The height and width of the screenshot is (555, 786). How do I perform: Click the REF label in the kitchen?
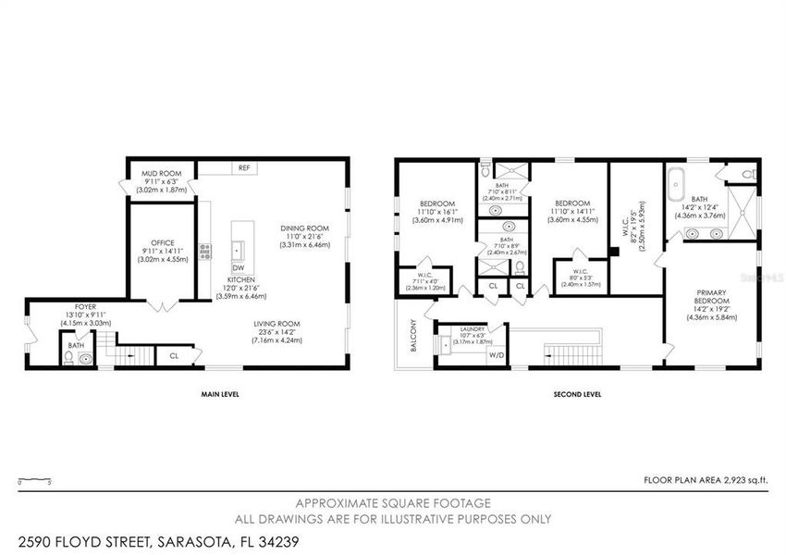(x=244, y=168)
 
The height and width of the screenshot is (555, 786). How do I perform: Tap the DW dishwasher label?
(x=238, y=267)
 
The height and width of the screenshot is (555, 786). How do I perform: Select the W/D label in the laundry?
(x=496, y=354)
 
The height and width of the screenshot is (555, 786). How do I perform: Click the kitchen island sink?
(x=238, y=249)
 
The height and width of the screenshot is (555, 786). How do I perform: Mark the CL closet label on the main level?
(x=174, y=354)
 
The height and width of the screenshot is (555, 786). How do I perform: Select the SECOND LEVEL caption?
(x=577, y=394)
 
